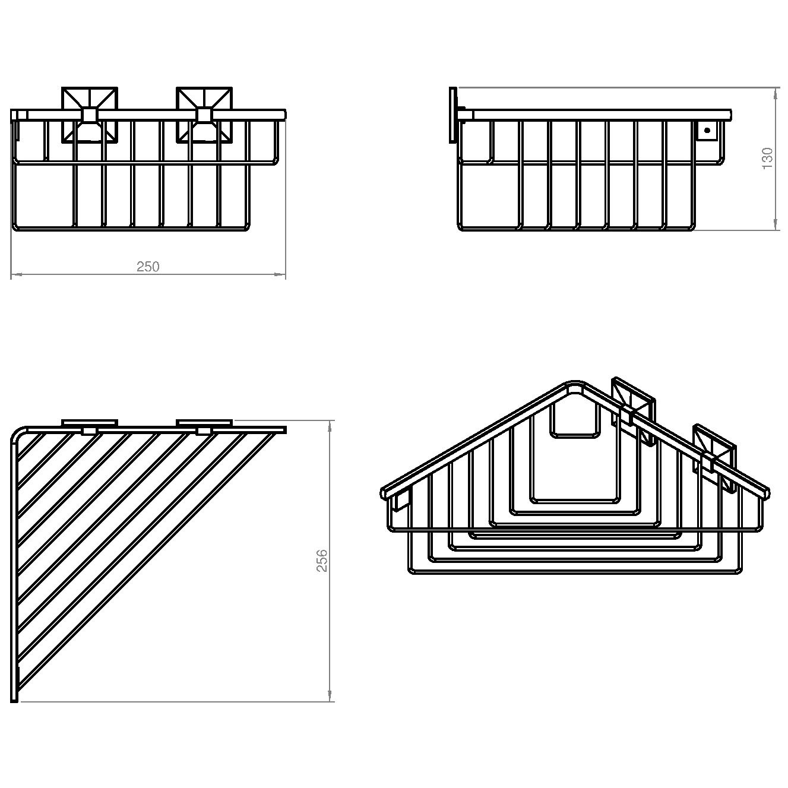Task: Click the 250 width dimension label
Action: (x=148, y=267)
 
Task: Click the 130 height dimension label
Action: (x=767, y=159)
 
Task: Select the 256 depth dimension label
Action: (x=322, y=561)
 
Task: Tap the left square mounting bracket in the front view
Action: (x=90, y=115)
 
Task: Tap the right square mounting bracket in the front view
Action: (x=204, y=115)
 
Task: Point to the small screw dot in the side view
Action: (x=707, y=131)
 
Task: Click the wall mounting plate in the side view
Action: (x=452, y=115)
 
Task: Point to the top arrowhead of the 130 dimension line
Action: (x=776, y=93)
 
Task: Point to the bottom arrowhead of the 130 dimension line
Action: (x=776, y=225)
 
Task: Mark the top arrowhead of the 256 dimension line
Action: (x=330, y=425)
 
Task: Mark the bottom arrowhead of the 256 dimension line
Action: (x=330, y=697)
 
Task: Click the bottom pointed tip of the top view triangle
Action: (x=17, y=700)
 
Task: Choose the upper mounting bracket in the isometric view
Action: (x=633, y=411)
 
